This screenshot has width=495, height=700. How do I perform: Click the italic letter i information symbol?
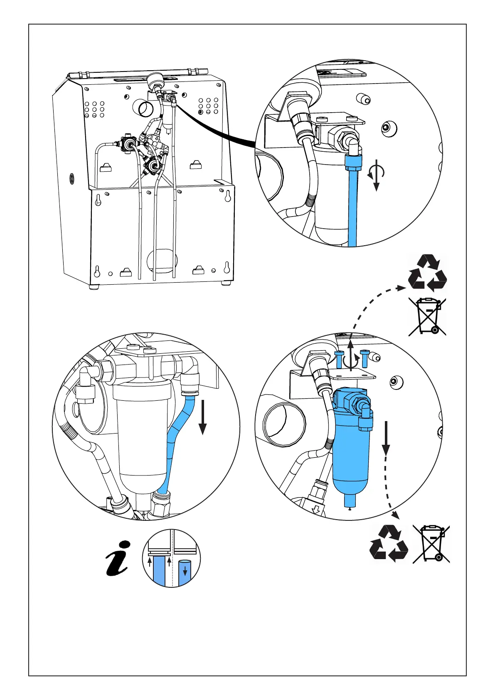pyautogui.click(x=118, y=558)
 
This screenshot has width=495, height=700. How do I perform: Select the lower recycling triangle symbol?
pyautogui.click(x=389, y=542)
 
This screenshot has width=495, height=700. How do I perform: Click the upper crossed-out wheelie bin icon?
pyautogui.click(x=427, y=316)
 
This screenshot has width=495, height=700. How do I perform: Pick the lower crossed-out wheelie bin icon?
pyautogui.click(x=431, y=544)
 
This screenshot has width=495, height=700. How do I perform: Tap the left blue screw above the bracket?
pyautogui.click(x=338, y=359)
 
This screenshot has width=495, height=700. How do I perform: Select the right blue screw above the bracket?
pyautogui.click(x=364, y=358)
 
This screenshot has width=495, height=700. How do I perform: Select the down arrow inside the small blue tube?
pyautogui.click(x=185, y=572)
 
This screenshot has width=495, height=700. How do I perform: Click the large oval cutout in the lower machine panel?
pyautogui.click(x=163, y=261)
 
